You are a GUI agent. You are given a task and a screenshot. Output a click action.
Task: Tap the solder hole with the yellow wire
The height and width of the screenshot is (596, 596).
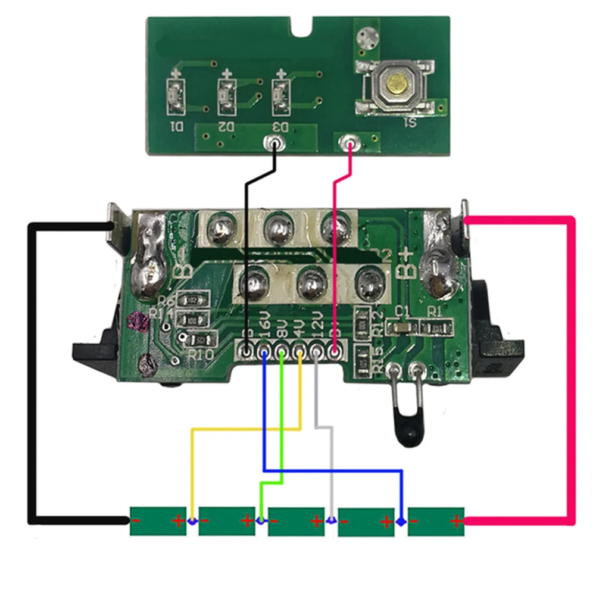(299, 353)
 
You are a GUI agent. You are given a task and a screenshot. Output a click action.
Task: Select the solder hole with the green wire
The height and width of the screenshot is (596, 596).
(282, 353)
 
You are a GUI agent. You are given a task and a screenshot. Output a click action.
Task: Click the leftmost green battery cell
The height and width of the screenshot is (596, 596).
(158, 522)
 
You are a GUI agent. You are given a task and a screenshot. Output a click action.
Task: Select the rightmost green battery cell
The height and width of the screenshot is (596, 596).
(436, 522)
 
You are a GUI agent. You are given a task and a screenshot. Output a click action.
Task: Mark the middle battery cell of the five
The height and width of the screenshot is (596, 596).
(297, 522)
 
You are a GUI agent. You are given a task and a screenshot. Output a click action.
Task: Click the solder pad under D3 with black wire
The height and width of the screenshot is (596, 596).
(274, 143)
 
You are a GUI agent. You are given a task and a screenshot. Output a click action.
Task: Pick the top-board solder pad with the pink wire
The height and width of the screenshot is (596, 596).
(348, 143)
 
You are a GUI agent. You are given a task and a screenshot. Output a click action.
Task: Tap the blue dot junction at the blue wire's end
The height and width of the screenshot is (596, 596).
(402, 522)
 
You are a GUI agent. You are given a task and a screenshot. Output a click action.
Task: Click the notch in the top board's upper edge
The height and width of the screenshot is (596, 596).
(305, 26)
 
